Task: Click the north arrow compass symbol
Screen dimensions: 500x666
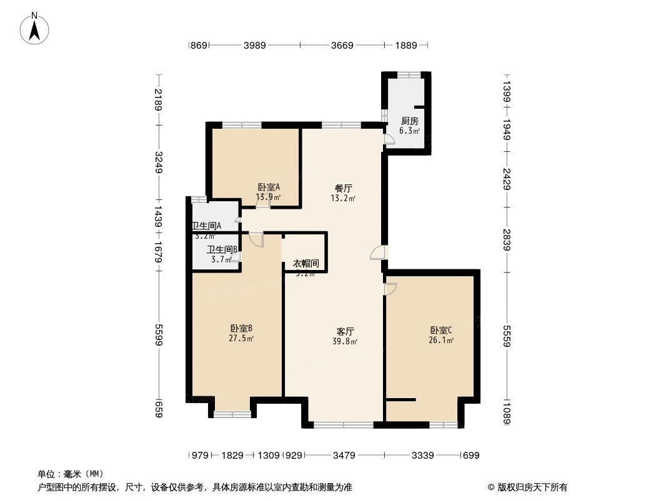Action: click(36, 28)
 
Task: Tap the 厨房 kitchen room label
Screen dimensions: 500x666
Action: click(409, 121)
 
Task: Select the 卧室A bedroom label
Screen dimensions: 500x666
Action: click(268, 187)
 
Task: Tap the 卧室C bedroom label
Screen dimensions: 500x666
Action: click(440, 330)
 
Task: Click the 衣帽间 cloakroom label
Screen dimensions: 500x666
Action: click(306, 264)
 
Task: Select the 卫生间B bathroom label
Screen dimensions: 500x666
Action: click(222, 249)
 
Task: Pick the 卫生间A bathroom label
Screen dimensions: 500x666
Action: click(206, 226)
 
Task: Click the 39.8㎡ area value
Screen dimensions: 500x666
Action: click(345, 341)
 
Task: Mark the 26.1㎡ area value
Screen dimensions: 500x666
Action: click(440, 341)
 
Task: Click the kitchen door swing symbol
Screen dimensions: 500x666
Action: click(389, 140)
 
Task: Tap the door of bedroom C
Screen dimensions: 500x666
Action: click(390, 289)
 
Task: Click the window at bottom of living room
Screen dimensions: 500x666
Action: click(343, 425)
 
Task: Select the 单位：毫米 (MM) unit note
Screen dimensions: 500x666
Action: click(71, 474)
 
